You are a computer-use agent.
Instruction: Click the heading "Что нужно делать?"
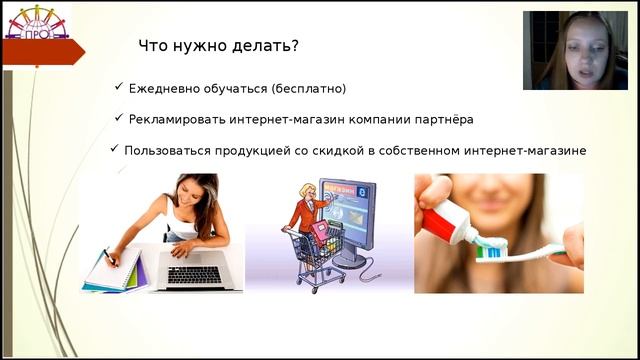click(217, 46)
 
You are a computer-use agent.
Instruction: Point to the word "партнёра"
click(441, 119)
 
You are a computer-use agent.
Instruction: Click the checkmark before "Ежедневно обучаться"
click(119, 88)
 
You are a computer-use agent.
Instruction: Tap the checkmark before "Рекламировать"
click(118, 118)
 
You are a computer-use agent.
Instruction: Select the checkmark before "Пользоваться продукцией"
click(113, 150)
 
